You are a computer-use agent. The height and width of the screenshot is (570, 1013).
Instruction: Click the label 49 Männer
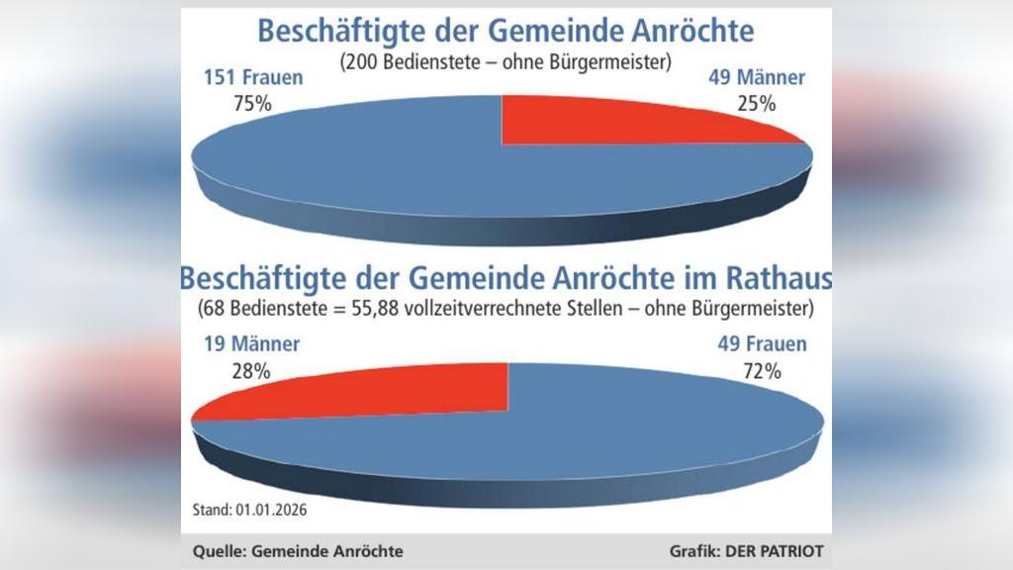coord(757,78)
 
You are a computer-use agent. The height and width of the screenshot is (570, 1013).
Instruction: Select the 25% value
coord(757,102)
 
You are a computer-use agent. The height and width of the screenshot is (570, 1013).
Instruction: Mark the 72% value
coord(762,371)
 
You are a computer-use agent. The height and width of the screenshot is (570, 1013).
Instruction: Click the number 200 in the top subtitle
coord(360,61)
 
